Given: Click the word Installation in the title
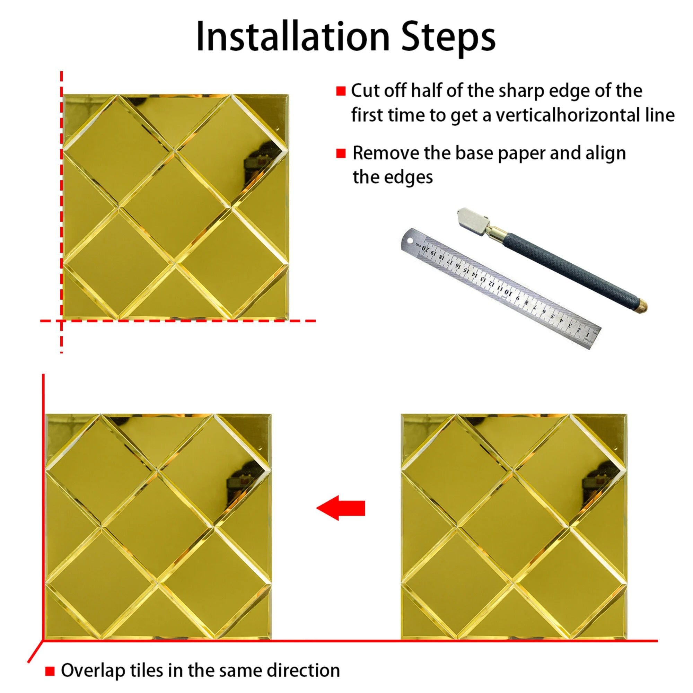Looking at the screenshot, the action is point(293,37).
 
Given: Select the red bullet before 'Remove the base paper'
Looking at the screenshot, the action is point(341,153).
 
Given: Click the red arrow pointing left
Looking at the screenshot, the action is point(340,508).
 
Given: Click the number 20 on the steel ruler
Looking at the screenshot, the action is point(426,248).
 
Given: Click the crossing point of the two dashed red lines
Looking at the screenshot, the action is point(62,321).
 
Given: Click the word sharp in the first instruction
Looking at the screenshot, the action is point(522,91).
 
